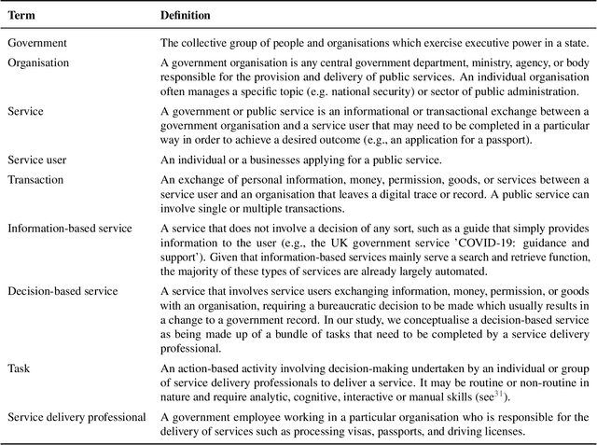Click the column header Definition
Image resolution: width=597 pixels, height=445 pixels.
(186, 15)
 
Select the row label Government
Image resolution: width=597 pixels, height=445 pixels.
(38, 43)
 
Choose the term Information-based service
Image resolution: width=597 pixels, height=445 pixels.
(70, 228)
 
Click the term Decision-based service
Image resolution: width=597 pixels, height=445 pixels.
(62, 291)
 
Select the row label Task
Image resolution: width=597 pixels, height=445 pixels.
(19, 369)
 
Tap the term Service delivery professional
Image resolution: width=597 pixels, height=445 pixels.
(76, 416)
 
